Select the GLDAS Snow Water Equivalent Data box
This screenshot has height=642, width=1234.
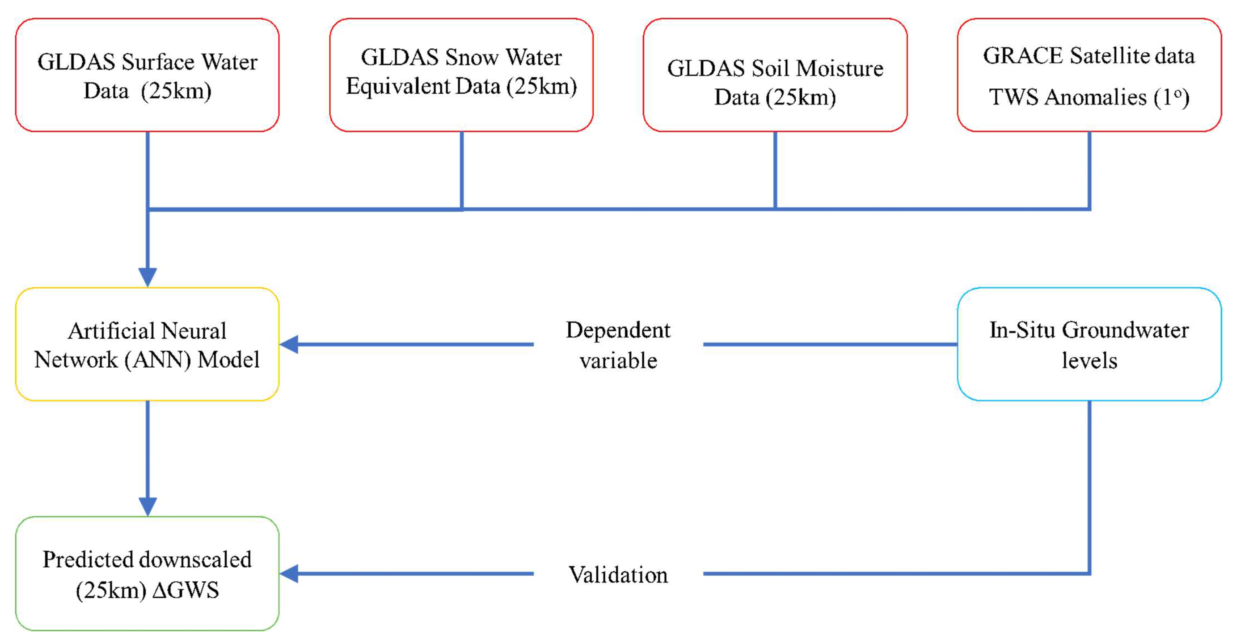[x=461, y=75]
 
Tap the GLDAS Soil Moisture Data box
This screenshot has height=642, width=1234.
[x=775, y=75]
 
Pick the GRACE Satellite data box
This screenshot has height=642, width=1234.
[x=1089, y=75]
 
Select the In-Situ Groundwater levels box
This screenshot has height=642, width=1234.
[x=1089, y=344]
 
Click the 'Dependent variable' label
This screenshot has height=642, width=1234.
[x=618, y=345]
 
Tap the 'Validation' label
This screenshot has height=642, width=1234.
[x=618, y=574]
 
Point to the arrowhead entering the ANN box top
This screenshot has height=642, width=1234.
[x=148, y=277]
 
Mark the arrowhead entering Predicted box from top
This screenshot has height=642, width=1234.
[x=148, y=506]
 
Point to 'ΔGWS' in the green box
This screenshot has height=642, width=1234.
[x=185, y=590]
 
